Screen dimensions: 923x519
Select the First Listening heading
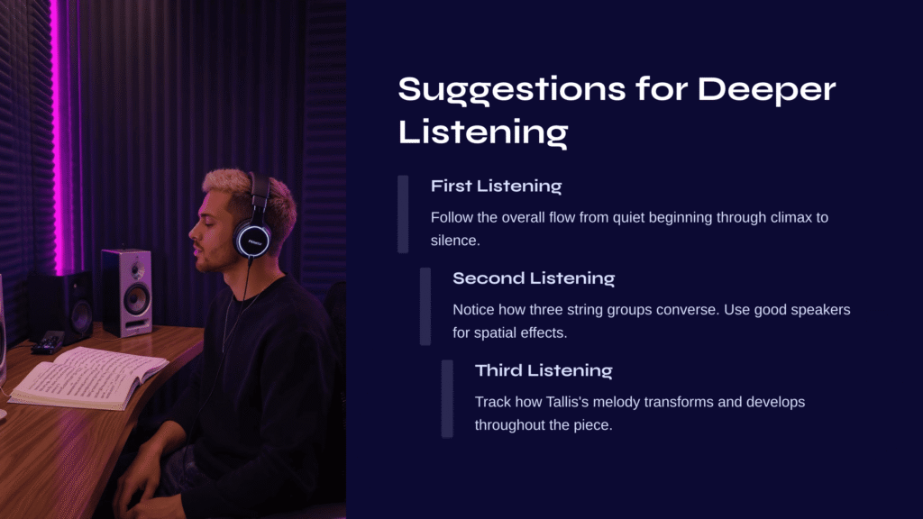click(497, 186)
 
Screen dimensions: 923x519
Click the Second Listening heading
click(534, 278)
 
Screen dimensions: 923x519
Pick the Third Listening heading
click(544, 370)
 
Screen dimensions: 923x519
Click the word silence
click(455, 241)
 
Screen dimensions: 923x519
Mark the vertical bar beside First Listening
click(403, 214)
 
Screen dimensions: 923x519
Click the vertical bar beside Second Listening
click(425, 306)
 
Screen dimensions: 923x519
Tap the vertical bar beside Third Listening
click(447, 399)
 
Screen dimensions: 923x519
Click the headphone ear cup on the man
click(253, 240)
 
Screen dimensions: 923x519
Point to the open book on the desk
click(88, 378)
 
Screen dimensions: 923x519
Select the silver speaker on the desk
click(126, 293)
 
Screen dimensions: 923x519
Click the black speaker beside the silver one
click(61, 307)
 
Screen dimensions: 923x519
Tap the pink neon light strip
click(58, 135)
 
